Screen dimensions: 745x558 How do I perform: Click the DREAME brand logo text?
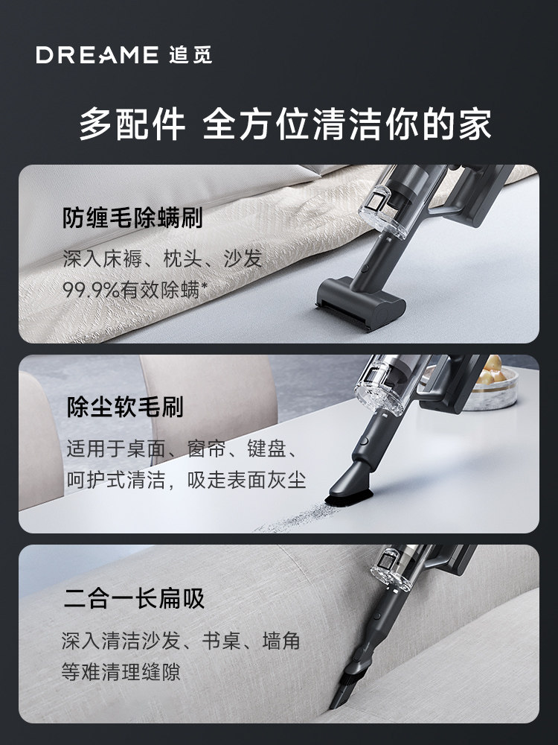point(97,55)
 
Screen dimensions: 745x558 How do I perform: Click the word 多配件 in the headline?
point(132,124)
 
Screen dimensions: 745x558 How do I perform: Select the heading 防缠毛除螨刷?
point(132,218)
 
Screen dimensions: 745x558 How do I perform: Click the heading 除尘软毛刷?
point(124,407)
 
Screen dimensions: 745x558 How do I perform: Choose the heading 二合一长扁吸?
point(134,598)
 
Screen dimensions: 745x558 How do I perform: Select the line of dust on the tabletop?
point(298,519)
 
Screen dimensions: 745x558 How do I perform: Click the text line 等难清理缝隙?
point(121,672)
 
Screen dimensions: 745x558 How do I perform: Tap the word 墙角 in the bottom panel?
point(280,641)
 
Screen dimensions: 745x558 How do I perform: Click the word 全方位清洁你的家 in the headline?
point(347,124)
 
